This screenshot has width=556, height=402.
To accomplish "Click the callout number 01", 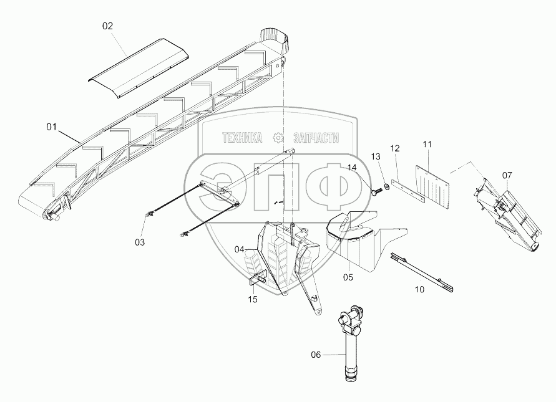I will tap(51, 127).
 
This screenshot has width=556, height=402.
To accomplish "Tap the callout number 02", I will tap(109, 26).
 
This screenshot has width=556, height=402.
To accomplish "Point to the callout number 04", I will tap(240, 249).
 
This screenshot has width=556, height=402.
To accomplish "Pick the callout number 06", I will tap(316, 355).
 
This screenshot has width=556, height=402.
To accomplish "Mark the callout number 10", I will tap(419, 289).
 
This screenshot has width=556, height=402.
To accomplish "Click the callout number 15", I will tap(253, 299).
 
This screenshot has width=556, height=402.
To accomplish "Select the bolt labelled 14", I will tap(377, 191).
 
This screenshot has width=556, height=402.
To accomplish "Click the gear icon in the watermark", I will tap(278, 137).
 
